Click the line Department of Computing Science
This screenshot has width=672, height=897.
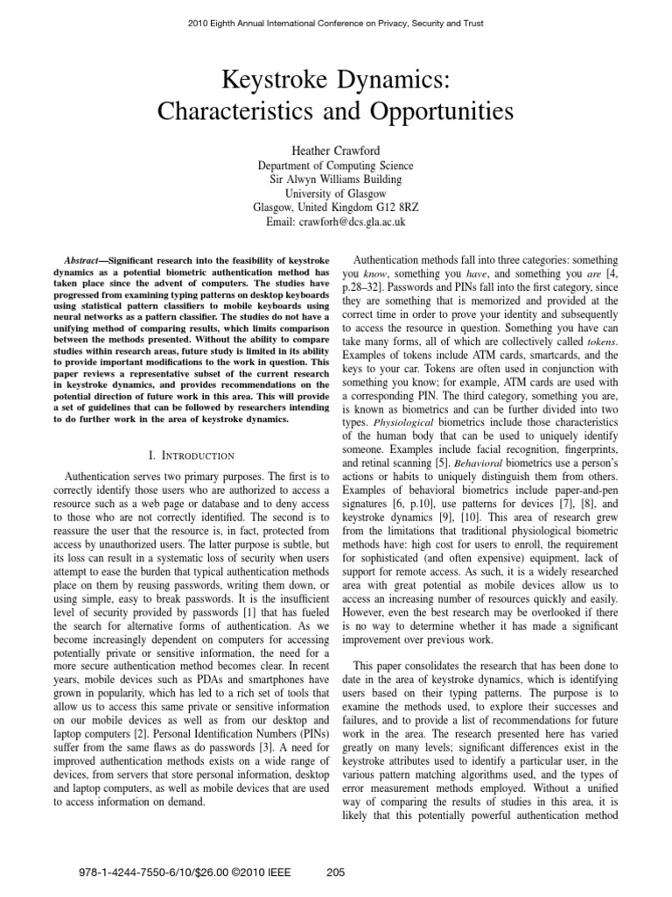click(336, 166)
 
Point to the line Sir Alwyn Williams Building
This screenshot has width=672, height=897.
click(336, 180)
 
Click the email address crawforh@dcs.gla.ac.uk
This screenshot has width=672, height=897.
click(358, 222)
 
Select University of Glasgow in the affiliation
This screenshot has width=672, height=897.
click(336, 194)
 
